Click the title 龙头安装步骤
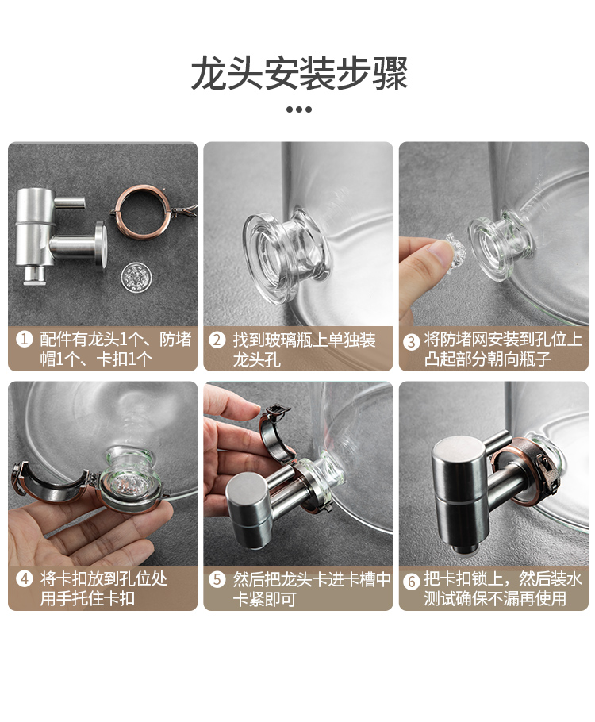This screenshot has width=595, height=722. (299, 74)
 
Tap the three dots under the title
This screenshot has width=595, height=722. (299, 109)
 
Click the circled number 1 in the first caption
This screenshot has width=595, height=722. (24, 340)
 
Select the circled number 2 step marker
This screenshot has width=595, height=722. (217, 340)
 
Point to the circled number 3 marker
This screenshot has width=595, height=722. (411, 341)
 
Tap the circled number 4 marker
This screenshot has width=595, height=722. (24, 578)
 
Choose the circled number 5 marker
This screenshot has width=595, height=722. (217, 579)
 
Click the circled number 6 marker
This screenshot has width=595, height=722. (411, 581)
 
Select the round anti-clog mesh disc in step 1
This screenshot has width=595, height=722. (136, 276)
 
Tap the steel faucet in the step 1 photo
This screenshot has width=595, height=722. (59, 235)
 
